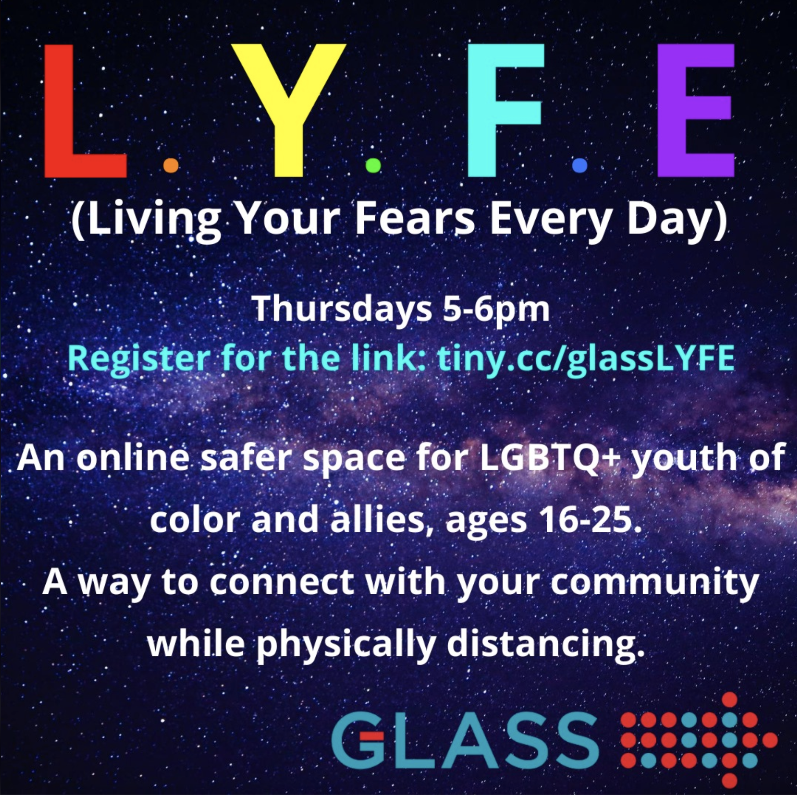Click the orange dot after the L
(x=171, y=166)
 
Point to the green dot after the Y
(x=373, y=166)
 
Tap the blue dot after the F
(x=580, y=166)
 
